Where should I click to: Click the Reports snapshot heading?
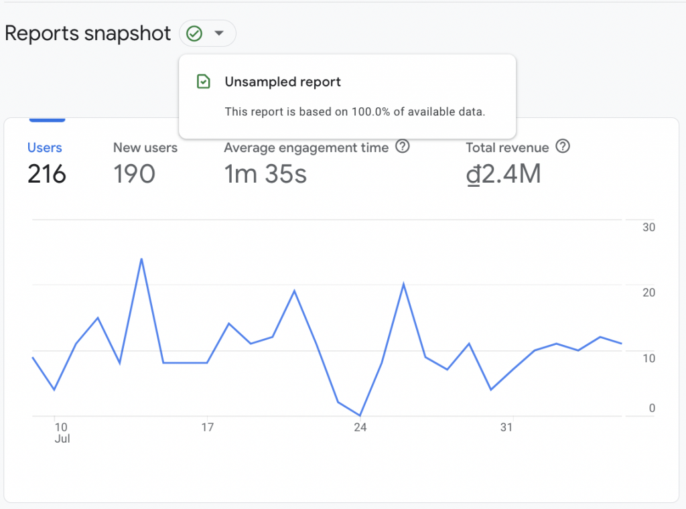tap(88, 33)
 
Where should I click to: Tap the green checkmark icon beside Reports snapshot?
tap(194, 33)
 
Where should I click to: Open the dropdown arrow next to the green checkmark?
tap(218, 33)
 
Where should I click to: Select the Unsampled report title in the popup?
tap(283, 82)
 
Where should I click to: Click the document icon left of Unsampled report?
tap(202, 82)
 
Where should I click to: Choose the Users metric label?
tap(44, 147)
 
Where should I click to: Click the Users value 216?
tap(47, 174)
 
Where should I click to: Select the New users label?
tap(145, 147)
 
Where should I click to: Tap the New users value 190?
tap(134, 174)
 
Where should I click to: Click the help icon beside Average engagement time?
tap(402, 147)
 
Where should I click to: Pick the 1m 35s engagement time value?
tap(265, 174)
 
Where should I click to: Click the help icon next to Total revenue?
tap(563, 147)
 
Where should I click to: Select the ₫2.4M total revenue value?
tap(503, 174)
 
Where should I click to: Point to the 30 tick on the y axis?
tap(648, 227)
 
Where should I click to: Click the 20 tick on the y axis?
tap(648, 292)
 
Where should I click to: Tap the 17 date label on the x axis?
tap(208, 427)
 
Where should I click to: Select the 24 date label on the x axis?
tap(360, 427)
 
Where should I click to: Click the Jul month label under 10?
tap(62, 439)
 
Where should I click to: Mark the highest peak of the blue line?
tap(141, 259)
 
